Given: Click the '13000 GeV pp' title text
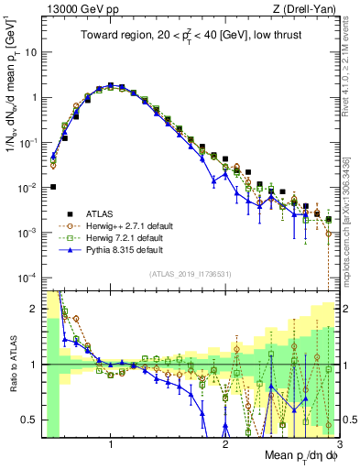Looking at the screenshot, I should [x=79, y=9].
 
